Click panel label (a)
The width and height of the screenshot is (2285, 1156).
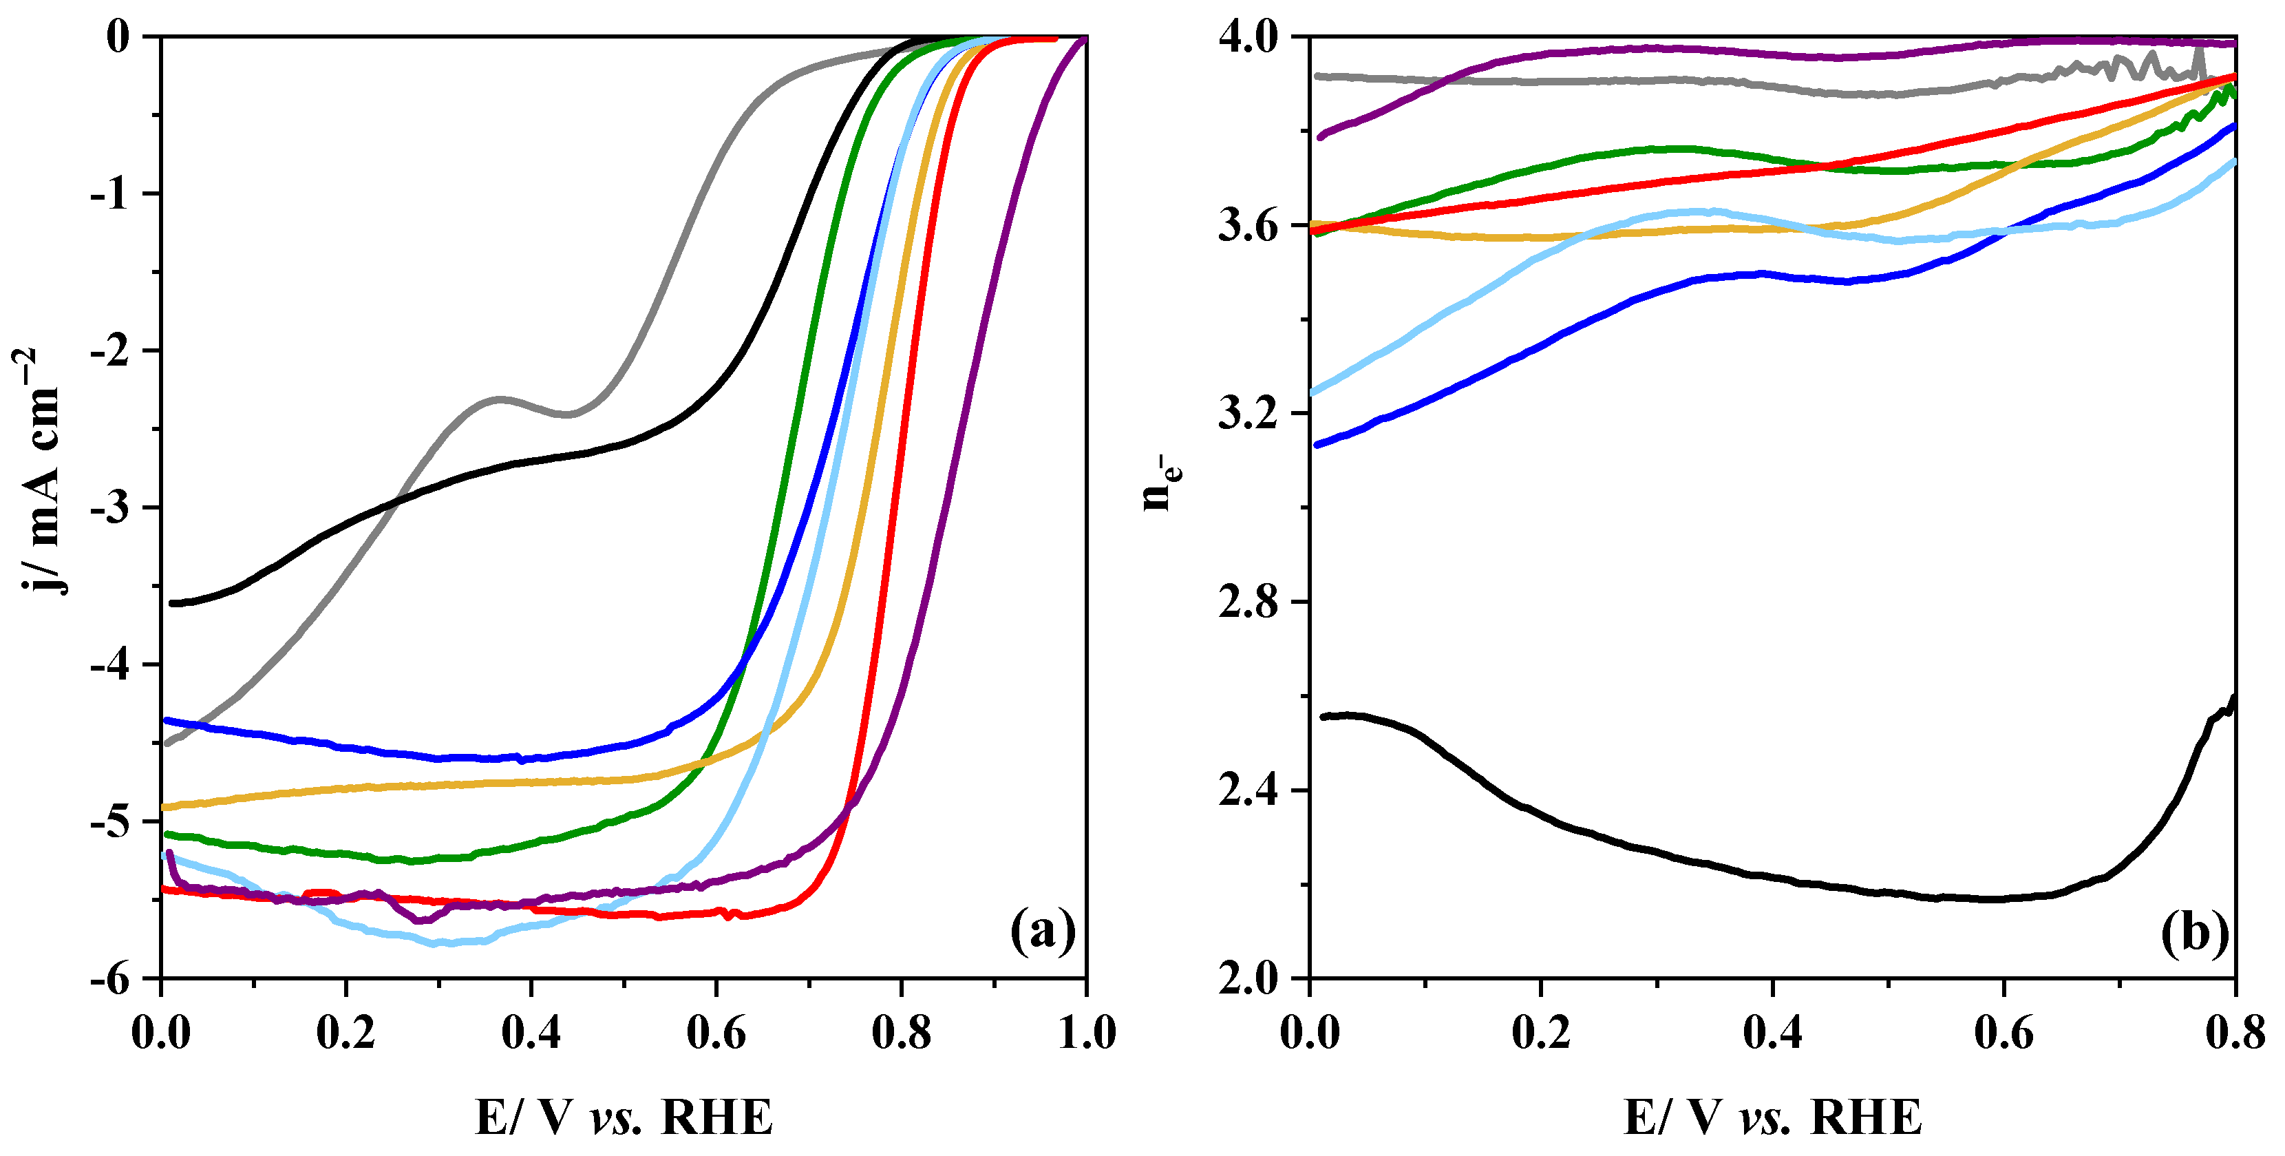click(x=1042, y=932)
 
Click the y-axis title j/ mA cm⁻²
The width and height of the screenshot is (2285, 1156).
click(x=40, y=470)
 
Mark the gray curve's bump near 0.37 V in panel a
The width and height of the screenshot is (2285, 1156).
click(x=501, y=399)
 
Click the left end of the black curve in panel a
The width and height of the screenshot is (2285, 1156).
click(x=172, y=603)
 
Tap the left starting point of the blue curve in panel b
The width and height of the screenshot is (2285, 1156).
click(x=1317, y=445)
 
